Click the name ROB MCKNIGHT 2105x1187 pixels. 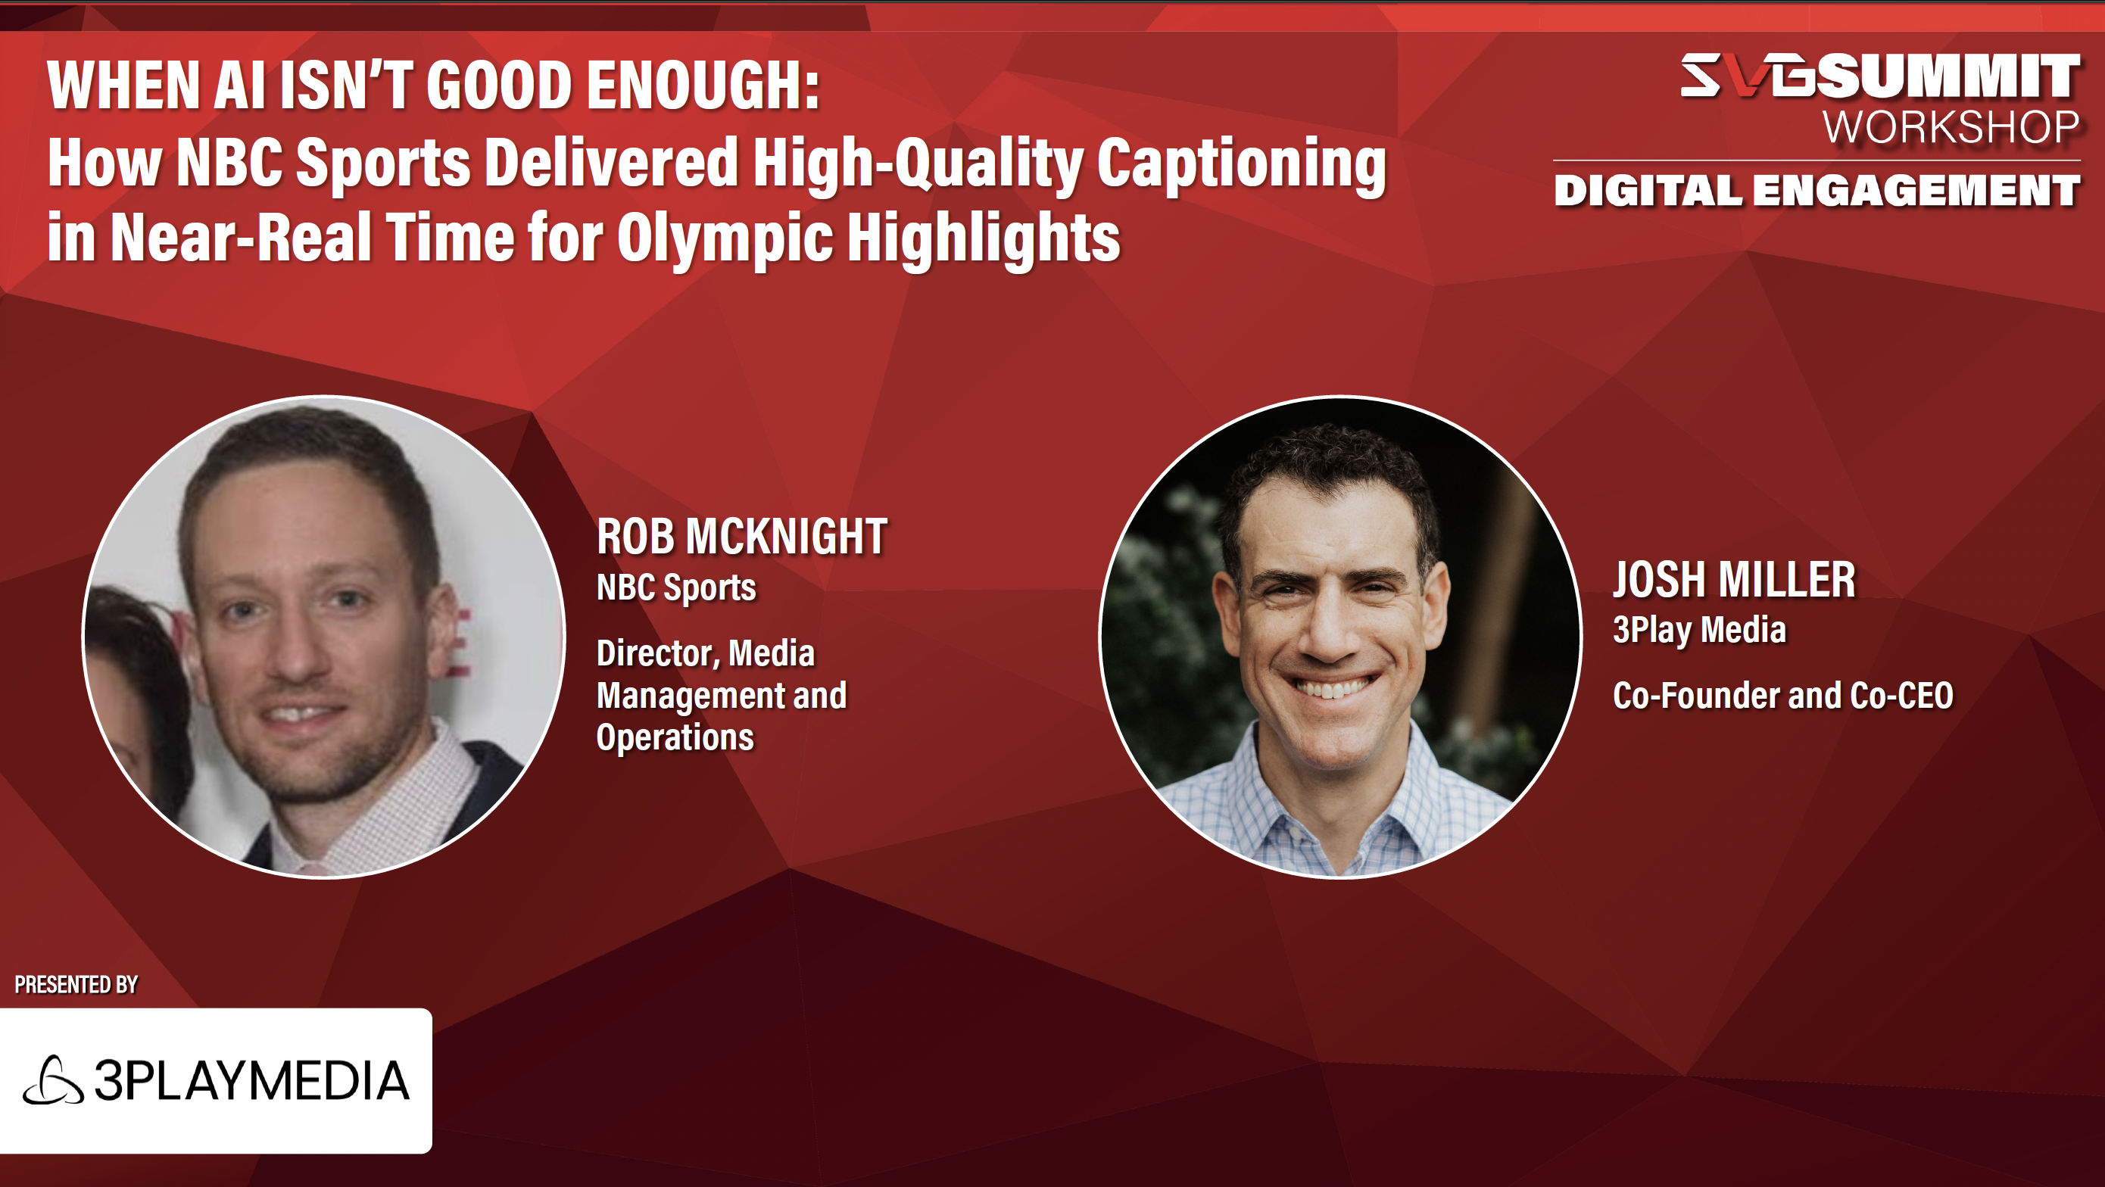coord(742,537)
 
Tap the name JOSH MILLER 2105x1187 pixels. coord(1734,579)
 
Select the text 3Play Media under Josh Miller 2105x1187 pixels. coord(1699,630)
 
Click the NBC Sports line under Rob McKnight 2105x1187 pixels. coord(675,588)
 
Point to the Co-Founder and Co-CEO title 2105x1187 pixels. coord(1783,696)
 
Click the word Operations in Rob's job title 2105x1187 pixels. coord(675,737)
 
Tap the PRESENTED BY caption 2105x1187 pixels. coord(76,984)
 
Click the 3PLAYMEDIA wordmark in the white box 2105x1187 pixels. coord(251,1081)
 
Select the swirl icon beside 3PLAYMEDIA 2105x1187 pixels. coord(53,1080)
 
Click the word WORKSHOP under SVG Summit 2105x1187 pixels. coord(1951,127)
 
